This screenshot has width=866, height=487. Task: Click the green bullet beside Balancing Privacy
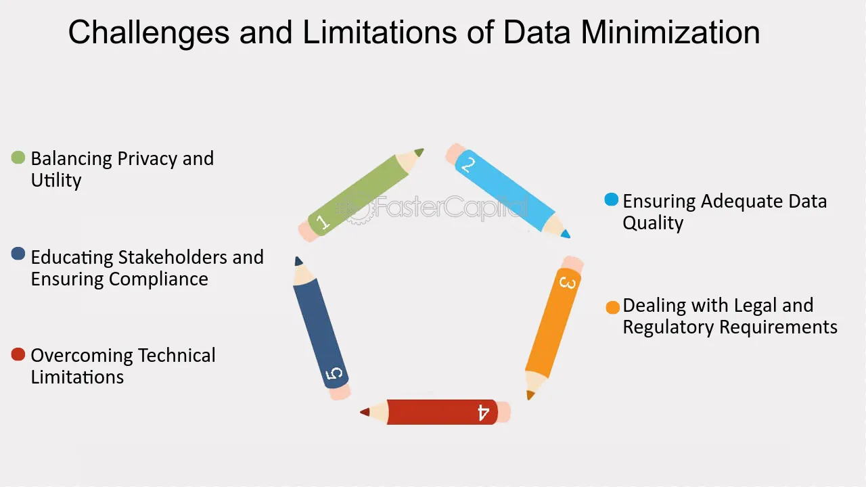[18, 158]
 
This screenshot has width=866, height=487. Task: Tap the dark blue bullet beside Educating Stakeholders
[18, 254]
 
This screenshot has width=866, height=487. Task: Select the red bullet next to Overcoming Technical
[18, 354]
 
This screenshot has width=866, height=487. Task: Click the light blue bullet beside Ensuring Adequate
[611, 200]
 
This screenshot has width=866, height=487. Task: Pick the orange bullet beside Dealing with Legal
[613, 308]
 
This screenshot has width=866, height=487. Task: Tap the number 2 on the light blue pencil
[468, 165]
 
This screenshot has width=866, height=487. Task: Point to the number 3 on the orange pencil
[568, 283]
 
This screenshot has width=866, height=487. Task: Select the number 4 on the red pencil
[483, 413]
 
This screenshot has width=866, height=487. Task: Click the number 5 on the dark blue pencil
[334, 374]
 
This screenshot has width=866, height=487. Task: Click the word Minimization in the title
[670, 32]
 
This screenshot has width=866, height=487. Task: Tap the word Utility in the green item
[56, 181]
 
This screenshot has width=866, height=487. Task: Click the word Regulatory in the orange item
[668, 327]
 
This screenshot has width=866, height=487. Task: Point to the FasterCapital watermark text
[451, 207]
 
